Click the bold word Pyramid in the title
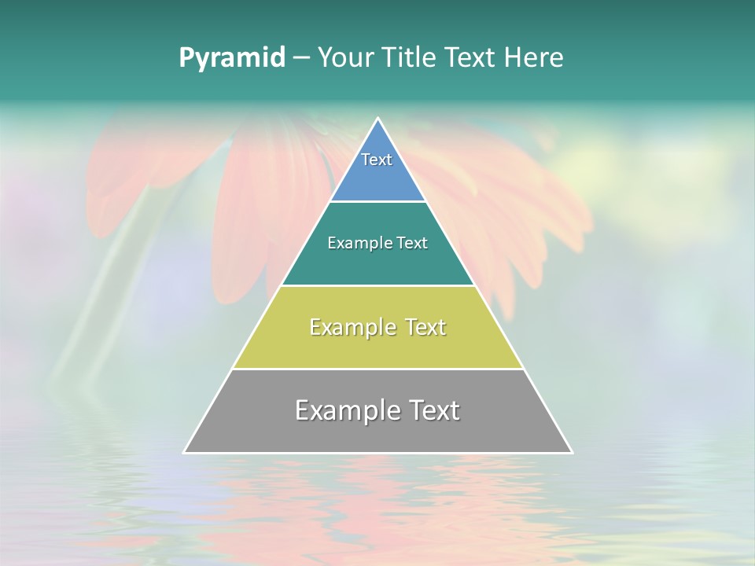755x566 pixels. tap(232, 58)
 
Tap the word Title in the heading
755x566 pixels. tap(412, 57)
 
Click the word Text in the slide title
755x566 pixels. tap(470, 57)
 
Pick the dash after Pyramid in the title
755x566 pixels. tap(300, 58)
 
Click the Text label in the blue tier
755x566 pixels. tap(377, 160)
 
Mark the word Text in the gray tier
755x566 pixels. tap(433, 410)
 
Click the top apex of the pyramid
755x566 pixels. tap(377, 119)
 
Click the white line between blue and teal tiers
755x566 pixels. tap(377, 201)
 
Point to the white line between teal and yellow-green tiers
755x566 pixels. tap(377, 285)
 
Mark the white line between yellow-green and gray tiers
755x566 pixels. tap(377, 369)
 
